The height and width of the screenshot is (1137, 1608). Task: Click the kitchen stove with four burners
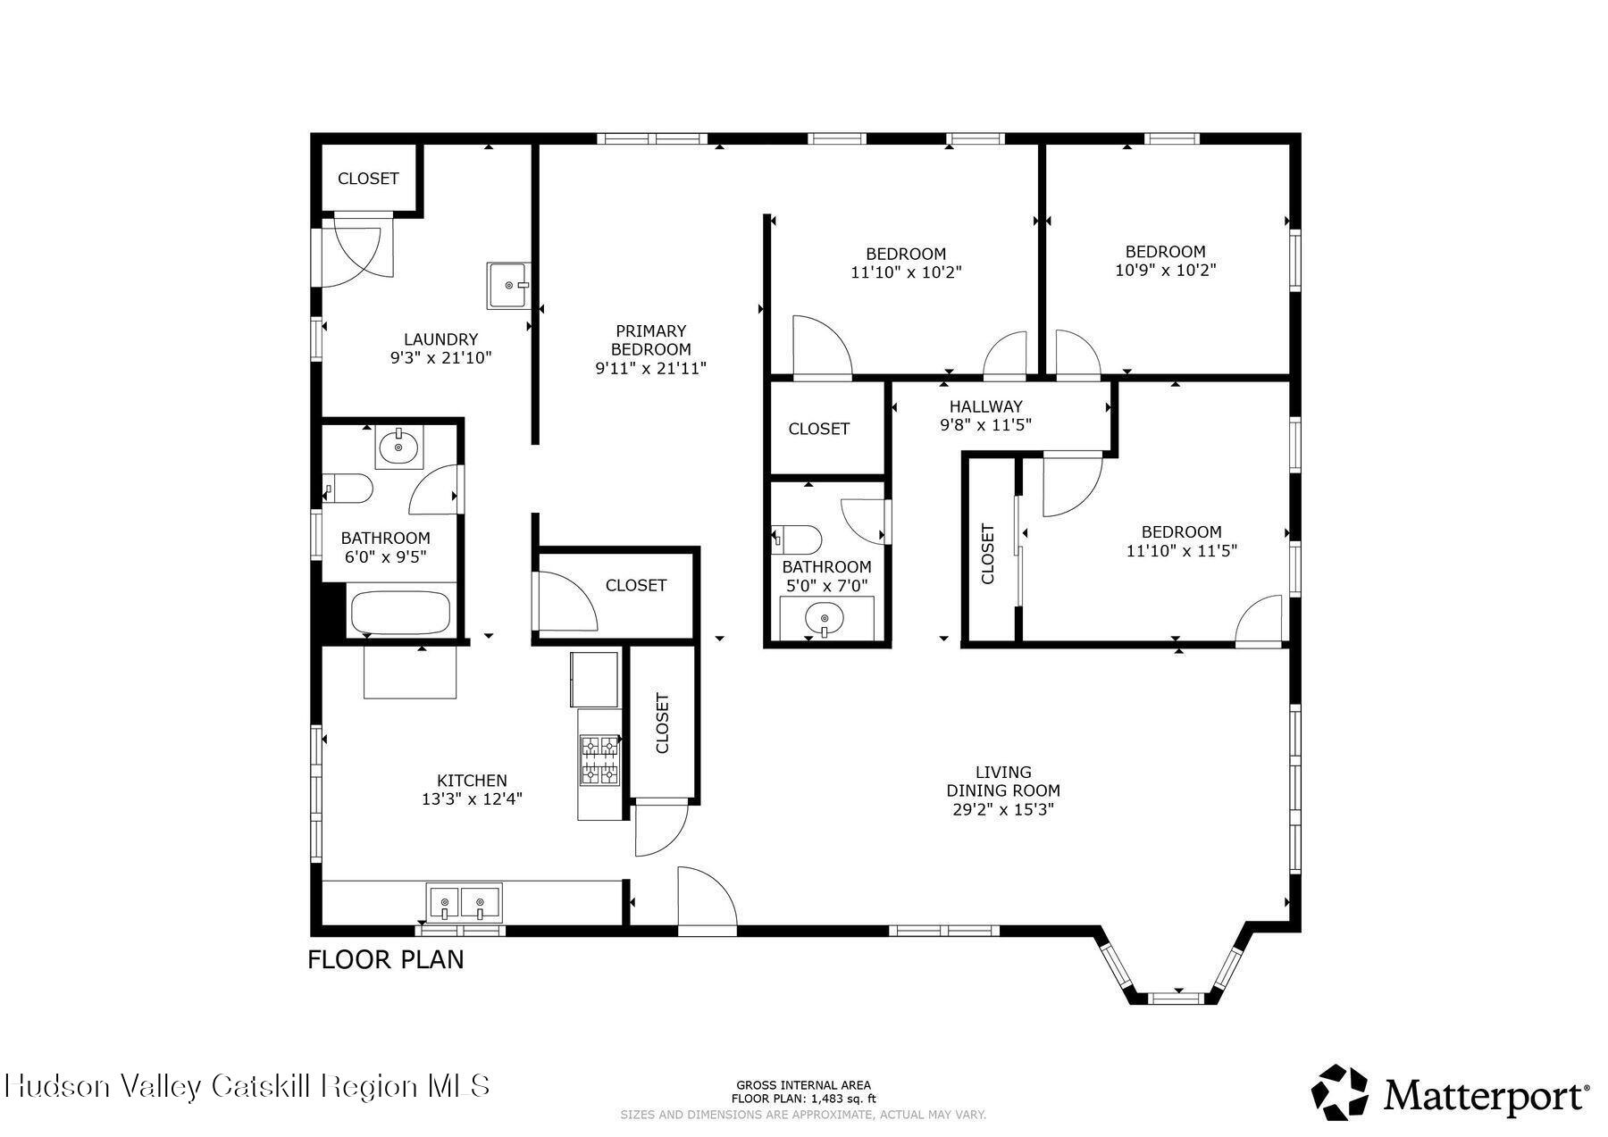point(599,760)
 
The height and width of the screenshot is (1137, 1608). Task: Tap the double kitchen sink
point(464,902)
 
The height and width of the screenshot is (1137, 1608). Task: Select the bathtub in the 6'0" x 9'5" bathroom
point(399,611)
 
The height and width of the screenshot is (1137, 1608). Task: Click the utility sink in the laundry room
point(508,285)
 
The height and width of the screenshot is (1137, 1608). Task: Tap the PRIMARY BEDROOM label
point(650,340)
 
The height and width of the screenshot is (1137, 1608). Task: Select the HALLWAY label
point(985,406)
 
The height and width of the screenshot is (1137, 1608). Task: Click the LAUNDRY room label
point(440,339)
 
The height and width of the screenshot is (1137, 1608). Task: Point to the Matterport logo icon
point(1340,1091)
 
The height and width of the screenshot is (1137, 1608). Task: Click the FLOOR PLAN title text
point(386,960)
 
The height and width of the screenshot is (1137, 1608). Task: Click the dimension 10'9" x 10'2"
point(1165,270)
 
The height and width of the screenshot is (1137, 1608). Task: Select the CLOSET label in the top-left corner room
point(368,179)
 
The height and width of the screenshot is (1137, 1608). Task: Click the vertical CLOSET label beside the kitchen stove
point(662,723)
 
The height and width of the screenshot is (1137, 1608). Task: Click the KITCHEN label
point(472,781)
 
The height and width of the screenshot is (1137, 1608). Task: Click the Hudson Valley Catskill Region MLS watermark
point(247,1086)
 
